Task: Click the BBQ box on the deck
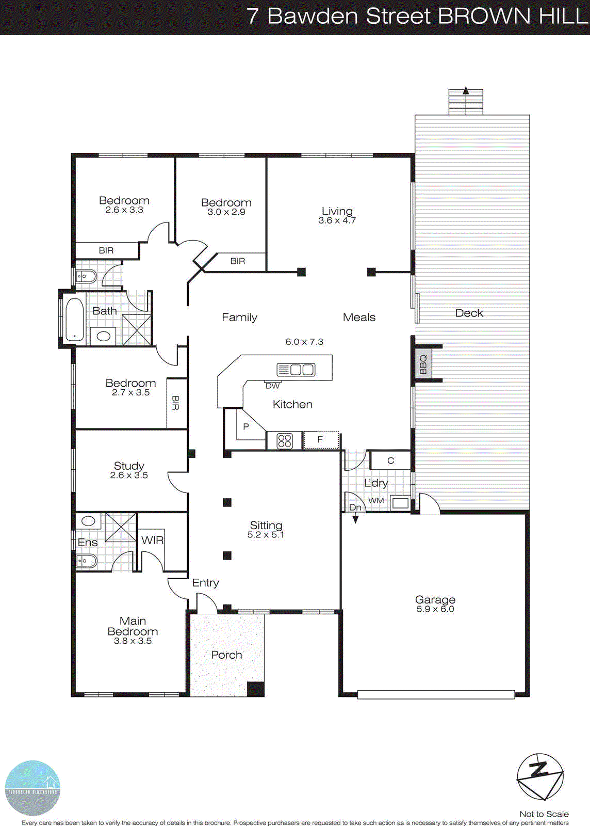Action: (x=423, y=364)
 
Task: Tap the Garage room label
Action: (x=435, y=600)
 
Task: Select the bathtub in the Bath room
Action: (x=75, y=320)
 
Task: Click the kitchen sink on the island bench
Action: (x=296, y=370)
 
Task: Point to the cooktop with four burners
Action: (x=285, y=440)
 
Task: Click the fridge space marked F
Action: (x=321, y=440)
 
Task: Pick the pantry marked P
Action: (x=246, y=426)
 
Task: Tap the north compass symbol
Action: (x=540, y=777)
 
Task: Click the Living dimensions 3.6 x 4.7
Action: (x=337, y=220)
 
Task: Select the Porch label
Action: (x=226, y=655)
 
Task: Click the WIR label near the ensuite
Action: (x=152, y=540)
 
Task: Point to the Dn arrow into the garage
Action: (x=355, y=513)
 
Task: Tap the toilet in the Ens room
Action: (x=86, y=561)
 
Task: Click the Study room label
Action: (x=129, y=466)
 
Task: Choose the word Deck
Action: (x=469, y=313)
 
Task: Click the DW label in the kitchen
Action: (x=272, y=386)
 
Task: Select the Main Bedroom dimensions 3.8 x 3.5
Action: (x=133, y=641)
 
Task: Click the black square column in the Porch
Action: (x=255, y=689)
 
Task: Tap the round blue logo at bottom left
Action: (x=32, y=788)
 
